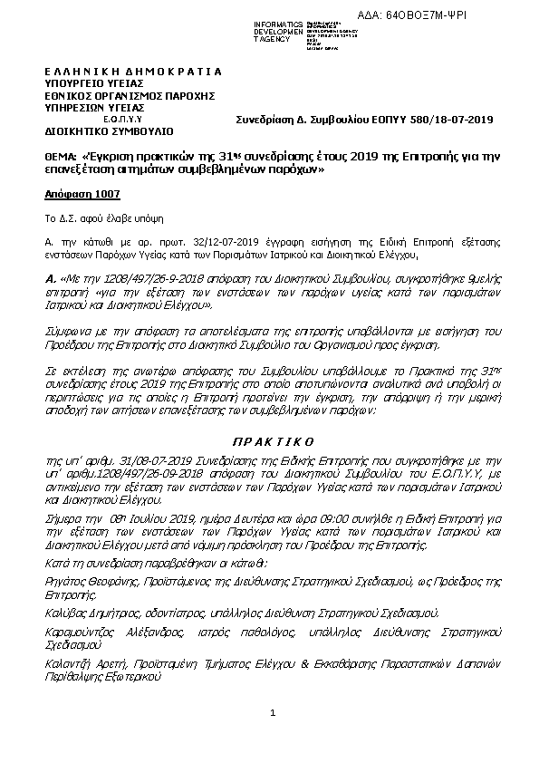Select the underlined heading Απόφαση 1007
(82, 194)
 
